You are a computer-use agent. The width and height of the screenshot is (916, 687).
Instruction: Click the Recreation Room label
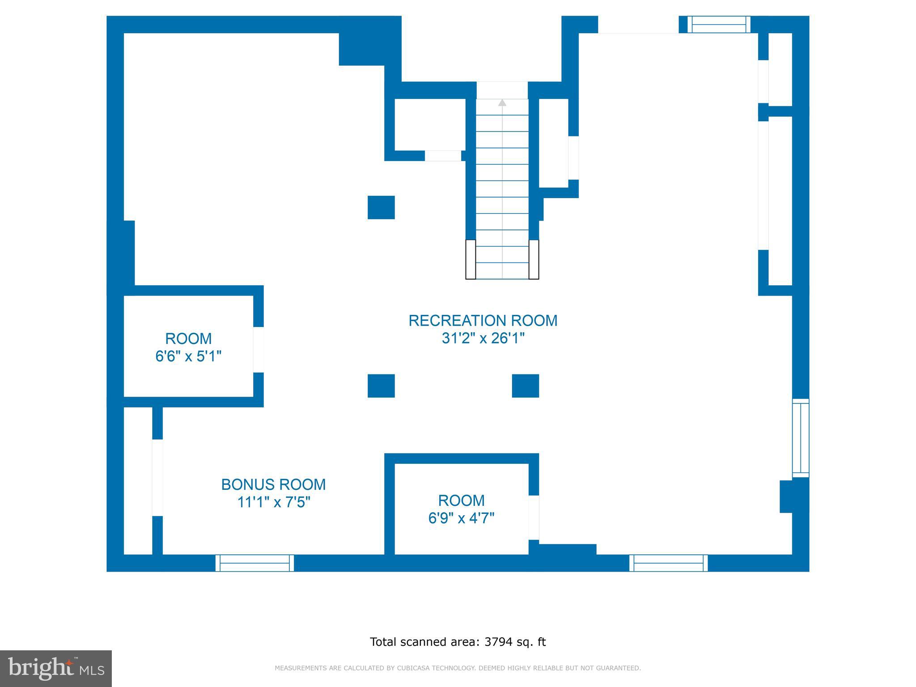(483, 321)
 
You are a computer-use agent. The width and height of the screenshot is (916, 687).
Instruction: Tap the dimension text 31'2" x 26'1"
(483, 339)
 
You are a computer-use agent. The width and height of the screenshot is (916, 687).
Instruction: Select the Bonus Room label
(273, 484)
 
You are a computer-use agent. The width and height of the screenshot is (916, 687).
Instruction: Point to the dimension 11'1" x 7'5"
(273, 502)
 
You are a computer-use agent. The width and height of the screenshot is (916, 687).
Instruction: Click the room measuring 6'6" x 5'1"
(188, 347)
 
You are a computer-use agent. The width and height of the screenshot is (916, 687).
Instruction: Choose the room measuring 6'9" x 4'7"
(461, 509)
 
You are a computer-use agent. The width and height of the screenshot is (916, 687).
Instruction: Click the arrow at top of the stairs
(502, 103)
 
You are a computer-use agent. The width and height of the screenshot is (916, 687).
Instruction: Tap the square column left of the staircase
(381, 208)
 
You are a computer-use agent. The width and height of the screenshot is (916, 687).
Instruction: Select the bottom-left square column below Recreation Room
(381, 386)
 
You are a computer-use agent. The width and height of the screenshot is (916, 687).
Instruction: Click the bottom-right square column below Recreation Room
(525, 386)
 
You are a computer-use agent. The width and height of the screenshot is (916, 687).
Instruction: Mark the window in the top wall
(719, 25)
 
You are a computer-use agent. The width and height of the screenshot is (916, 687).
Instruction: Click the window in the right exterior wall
(801, 438)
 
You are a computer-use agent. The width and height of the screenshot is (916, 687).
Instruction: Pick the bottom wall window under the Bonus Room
(255, 563)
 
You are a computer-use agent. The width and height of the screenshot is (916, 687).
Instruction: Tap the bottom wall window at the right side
(669, 563)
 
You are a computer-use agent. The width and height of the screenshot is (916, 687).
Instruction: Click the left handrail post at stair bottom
(471, 259)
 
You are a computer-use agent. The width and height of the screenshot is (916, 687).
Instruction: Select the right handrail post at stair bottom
(534, 259)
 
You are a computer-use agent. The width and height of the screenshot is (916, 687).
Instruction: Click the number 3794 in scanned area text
(498, 642)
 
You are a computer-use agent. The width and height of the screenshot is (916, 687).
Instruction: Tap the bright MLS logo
(56, 668)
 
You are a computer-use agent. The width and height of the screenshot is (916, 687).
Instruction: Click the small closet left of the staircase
(430, 125)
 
